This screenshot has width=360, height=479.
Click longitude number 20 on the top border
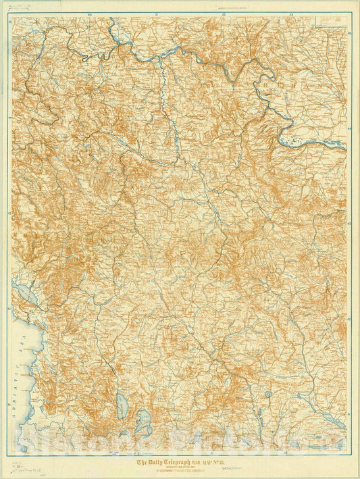[89, 13]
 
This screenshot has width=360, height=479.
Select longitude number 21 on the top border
[156, 13]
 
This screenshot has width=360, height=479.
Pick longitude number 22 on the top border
[224, 13]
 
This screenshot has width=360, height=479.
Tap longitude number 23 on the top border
[290, 13]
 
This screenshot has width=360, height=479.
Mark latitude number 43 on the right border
[349, 222]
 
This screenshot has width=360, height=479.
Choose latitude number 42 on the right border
[349, 318]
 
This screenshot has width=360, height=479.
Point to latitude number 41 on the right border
[349, 413]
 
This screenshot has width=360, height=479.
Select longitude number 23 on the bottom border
[285, 454]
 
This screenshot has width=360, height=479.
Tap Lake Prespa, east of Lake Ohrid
[145, 420]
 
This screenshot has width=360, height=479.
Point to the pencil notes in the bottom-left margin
[16, 466]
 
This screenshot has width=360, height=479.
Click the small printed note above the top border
[249, 8]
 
